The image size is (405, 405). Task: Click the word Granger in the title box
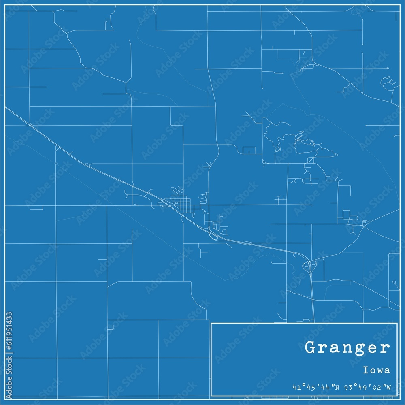point(347,348)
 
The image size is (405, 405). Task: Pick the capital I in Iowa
point(365,370)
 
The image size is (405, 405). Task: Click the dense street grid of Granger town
point(182,202)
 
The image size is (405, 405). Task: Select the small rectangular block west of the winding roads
point(249,150)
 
